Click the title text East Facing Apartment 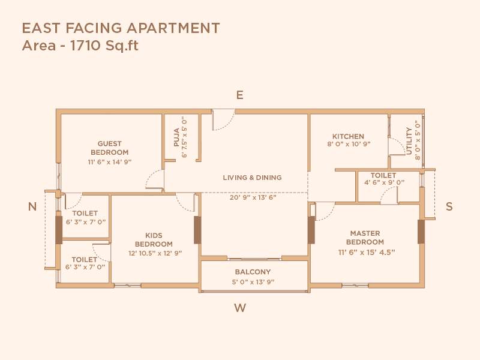[121, 28]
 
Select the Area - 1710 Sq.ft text [80, 45]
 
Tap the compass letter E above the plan [239, 95]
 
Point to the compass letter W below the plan [240, 308]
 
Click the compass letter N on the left [32, 206]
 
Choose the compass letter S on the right [449, 206]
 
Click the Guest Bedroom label [110, 148]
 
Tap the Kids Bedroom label [154, 240]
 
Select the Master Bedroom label [365, 238]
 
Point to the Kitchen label [349, 136]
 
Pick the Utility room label [409, 141]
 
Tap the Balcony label [253, 272]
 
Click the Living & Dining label [252, 178]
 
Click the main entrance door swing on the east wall [223, 120]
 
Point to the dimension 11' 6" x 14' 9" [110, 162]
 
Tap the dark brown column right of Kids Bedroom [197, 229]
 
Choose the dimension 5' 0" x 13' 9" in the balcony [253, 281]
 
